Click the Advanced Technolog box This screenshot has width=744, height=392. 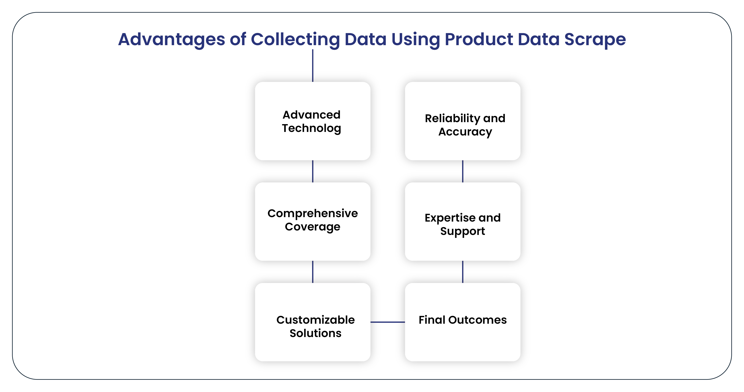[x=312, y=121]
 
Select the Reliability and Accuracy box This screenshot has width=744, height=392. [x=463, y=121]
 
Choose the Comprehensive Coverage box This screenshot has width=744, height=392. [x=312, y=221]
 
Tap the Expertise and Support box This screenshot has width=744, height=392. [x=463, y=221]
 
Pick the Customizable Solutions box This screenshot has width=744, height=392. [x=312, y=322]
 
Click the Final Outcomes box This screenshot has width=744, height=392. [x=463, y=322]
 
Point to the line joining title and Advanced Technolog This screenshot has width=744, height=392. [x=312, y=65]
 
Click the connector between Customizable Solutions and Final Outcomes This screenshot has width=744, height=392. [x=388, y=322]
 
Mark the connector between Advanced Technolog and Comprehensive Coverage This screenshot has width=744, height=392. [x=312, y=171]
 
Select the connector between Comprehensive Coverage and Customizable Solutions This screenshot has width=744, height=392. [x=312, y=272]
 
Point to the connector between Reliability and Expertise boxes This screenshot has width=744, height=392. [x=463, y=171]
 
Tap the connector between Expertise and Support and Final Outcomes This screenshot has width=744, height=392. [x=463, y=272]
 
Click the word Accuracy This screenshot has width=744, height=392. [x=465, y=132]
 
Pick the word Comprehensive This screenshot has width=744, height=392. [x=312, y=214]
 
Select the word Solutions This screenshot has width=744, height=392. [x=315, y=333]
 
